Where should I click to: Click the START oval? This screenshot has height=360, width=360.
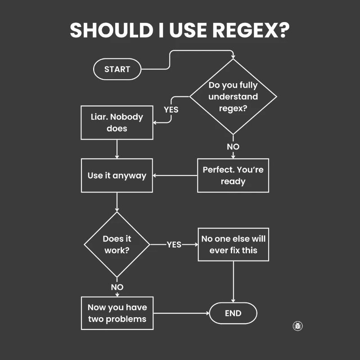coord(117,69)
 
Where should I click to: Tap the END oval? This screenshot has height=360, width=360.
coord(233,313)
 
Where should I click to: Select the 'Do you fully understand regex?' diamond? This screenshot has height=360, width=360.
coord(233,96)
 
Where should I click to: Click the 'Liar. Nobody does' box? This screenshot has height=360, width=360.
coord(117,122)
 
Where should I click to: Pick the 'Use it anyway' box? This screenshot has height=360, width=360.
coord(117,175)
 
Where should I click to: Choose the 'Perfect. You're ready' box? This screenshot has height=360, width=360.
coord(233,175)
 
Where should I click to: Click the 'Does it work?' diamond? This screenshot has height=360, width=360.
coord(117,244)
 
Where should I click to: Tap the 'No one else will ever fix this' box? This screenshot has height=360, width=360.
coord(233,244)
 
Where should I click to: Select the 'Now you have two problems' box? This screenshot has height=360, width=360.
coord(117,313)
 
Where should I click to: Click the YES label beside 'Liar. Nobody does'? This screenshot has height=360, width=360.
coord(171,109)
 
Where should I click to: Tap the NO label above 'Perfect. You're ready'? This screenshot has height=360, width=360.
coord(233,147)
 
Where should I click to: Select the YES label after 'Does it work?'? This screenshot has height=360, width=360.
coord(174,244)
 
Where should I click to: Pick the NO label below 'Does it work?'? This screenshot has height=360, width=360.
coord(117,287)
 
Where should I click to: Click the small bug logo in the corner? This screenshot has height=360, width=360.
coord(297,326)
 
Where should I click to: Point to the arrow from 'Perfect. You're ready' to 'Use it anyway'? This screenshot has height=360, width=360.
coord(175,175)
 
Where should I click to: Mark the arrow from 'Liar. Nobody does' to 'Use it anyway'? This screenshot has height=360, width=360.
coord(117,149)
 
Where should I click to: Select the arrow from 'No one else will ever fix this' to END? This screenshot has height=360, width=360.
coord(233,282)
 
